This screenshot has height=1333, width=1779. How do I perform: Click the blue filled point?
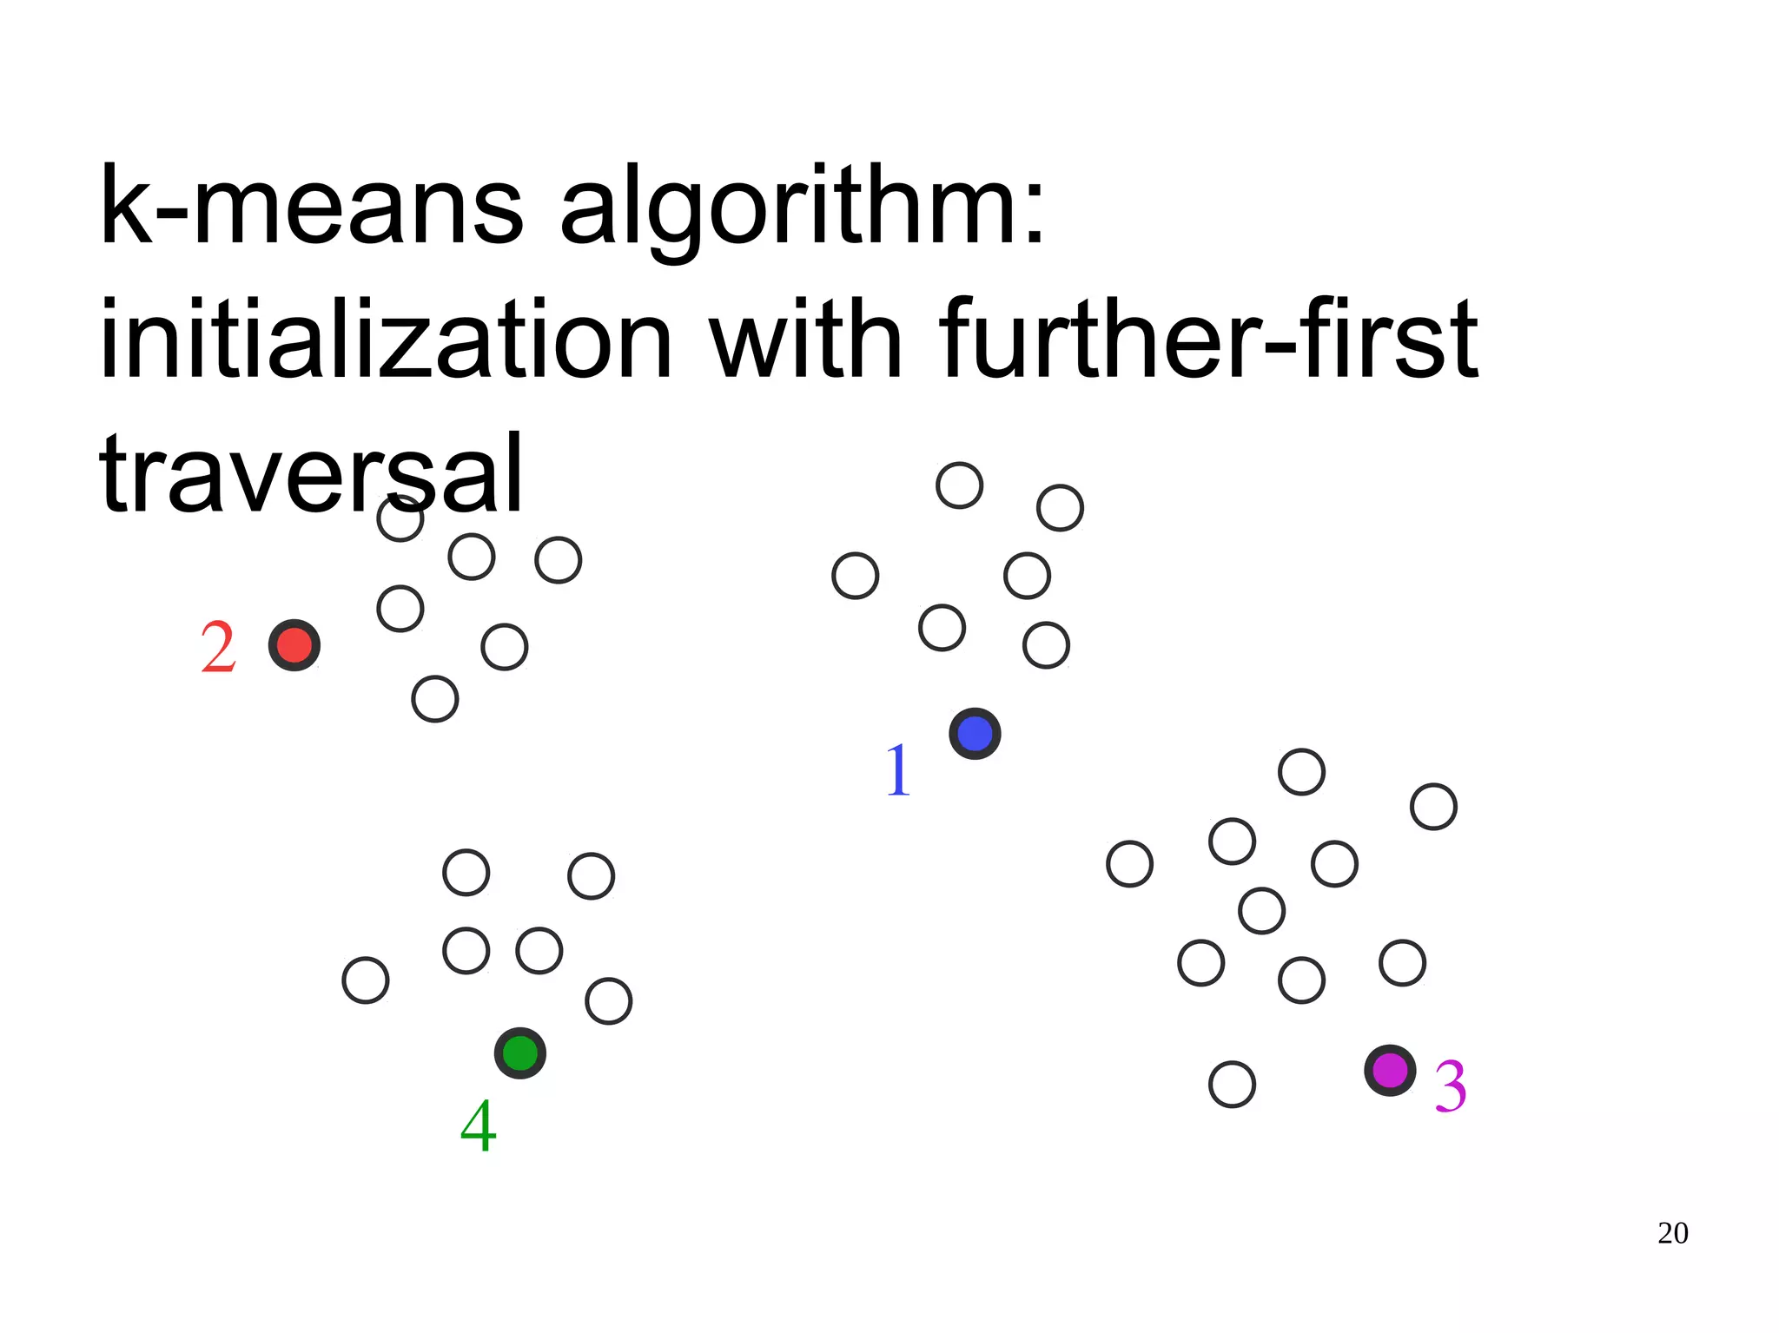click(975, 734)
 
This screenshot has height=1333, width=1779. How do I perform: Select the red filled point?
click(294, 645)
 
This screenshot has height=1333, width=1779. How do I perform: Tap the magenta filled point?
click(1390, 1071)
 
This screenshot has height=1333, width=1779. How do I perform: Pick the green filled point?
click(520, 1053)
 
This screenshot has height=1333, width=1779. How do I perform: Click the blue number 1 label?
click(898, 770)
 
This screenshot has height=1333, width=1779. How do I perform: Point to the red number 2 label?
click(218, 647)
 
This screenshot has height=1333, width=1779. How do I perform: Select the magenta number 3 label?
click(1450, 1086)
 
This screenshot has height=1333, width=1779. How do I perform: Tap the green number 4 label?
click(478, 1125)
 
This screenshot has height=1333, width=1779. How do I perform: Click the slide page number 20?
click(1672, 1233)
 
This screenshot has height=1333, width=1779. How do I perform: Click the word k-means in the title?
click(313, 207)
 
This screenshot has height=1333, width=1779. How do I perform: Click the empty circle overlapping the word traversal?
click(400, 518)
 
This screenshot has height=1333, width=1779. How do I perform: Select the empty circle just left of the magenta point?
click(1232, 1084)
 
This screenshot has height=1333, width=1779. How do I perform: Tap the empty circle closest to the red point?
click(400, 609)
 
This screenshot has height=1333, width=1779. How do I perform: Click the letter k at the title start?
click(127, 207)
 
